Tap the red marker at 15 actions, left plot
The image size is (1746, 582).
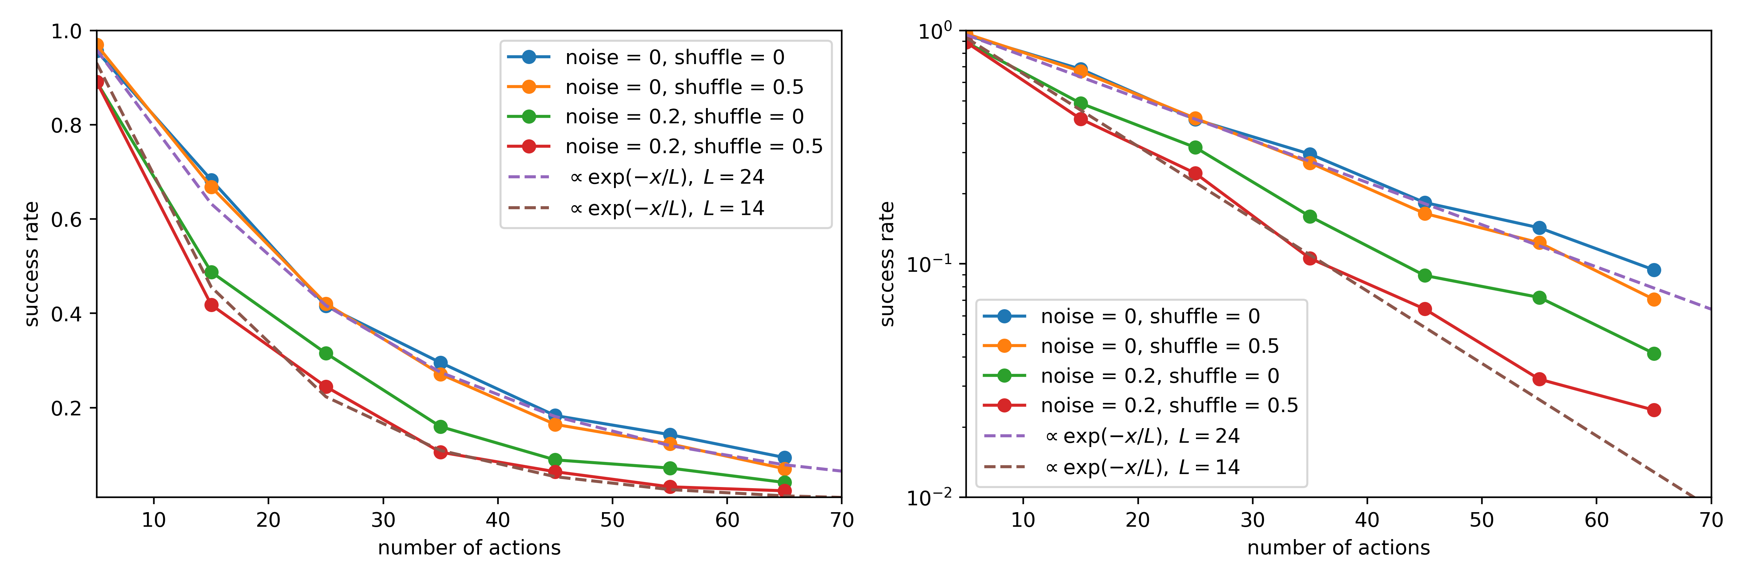coord(211,305)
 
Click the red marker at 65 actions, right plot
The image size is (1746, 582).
coord(1654,410)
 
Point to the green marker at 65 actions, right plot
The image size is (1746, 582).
coord(1654,354)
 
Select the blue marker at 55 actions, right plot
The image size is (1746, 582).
coord(1539,228)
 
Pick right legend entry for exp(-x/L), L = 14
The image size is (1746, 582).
coord(1143,467)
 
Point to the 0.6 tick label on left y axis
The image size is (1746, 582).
coord(66,219)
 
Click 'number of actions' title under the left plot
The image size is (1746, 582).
coord(469,547)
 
